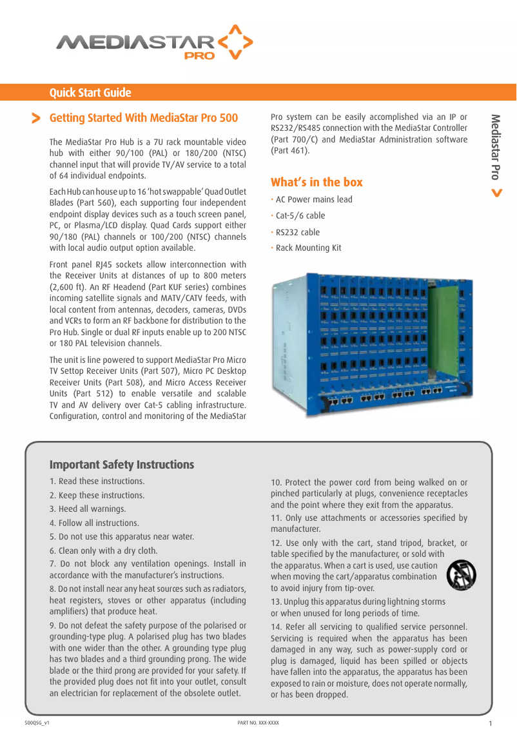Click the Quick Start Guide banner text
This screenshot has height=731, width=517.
(90, 93)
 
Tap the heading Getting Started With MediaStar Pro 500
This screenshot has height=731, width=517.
(144, 118)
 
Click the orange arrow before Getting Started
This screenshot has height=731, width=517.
(36, 119)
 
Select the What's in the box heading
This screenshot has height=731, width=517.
(317, 182)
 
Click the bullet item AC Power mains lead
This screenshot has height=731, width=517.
(314, 199)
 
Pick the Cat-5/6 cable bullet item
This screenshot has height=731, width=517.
(300, 216)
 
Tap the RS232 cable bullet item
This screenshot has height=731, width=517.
(297, 232)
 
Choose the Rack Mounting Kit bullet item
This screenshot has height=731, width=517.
(308, 248)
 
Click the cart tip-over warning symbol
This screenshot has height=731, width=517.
(461, 574)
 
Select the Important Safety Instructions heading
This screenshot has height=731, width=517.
(122, 465)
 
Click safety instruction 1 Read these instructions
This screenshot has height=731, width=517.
(97, 482)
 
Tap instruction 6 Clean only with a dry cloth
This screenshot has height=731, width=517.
(104, 551)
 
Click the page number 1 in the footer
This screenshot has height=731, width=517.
(491, 723)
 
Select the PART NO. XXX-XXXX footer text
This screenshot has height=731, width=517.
(258, 723)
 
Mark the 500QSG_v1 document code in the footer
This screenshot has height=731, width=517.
(37, 723)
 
